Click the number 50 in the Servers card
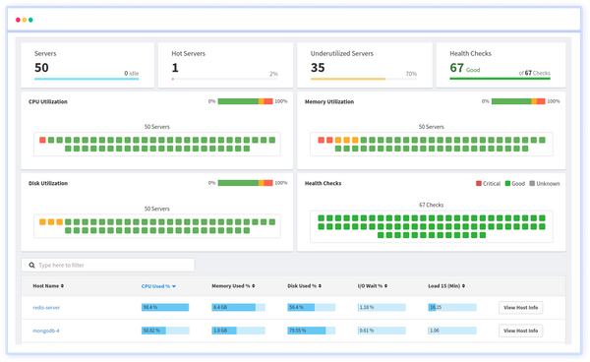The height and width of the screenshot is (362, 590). pyautogui.click(x=41, y=68)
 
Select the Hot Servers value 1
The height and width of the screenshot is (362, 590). pyautogui.click(x=175, y=68)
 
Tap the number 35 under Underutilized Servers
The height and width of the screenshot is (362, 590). pyautogui.click(x=318, y=68)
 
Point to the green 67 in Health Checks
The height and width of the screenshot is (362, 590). pyautogui.click(x=456, y=68)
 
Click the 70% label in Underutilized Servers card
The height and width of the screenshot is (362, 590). pyautogui.click(x=411, y=74)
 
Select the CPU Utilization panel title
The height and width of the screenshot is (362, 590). pyautogui.click(x=55, y=101)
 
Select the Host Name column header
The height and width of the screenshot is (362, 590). pyautogui.click(x=49, y=286)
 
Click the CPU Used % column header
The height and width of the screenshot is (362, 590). pyautogui.click(x=158, y=286)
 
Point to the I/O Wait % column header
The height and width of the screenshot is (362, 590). pyautogui.click(x=378, y=286)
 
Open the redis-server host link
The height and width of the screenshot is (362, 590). pyautogui.click(x=47, y=307)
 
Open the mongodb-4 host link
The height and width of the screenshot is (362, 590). pyautogui.click(x=46, y=331)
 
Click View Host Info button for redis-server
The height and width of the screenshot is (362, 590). pyautogui.click(x=520, y=307)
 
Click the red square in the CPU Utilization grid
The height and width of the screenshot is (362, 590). pyautogui.click(x=43, y=140)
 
